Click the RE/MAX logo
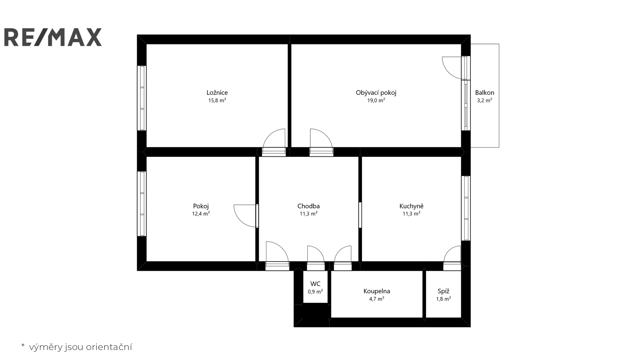(53, 37)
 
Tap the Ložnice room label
(217, 92)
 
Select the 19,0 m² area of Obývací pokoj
(376, 100)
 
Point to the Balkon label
(484, 92)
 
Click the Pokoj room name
(201, 206)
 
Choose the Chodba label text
(308, 206)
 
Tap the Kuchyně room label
(412, 206)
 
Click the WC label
(316, 284)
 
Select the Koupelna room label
(376, 291)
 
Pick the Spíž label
(444, 291)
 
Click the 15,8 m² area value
(217, 100)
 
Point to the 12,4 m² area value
(201, 214)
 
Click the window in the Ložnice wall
(142, 98)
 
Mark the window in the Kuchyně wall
(466, 208)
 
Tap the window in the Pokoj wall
(142, 204)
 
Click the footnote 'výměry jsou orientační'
(80, 347)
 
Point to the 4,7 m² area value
(376, 299)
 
